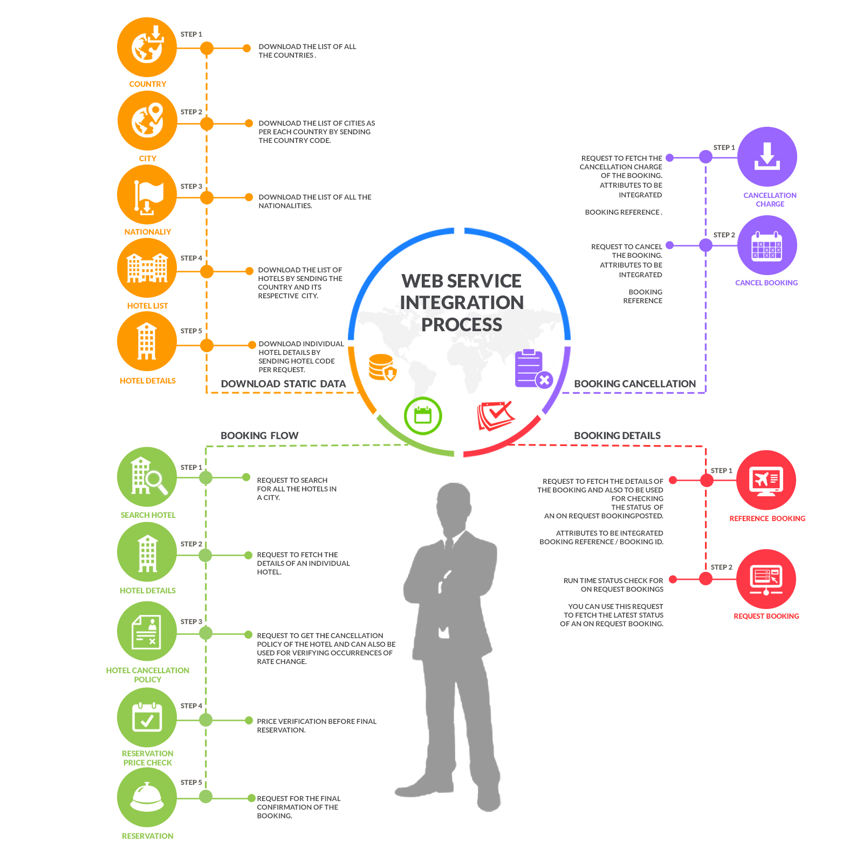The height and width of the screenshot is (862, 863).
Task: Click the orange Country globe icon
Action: click(147, 47)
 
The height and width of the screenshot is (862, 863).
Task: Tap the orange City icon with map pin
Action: click(147, 121)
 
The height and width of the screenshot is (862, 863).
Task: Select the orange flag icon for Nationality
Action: click(147, 195)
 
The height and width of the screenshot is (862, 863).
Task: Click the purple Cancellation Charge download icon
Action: click(767, 157)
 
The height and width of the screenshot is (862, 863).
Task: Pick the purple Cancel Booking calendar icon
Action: click(767, 245)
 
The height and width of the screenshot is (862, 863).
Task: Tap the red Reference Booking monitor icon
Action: click(766, 480)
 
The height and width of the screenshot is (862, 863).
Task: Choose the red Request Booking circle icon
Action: click(766, 579)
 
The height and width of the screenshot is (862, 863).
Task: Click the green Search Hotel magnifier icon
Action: click(147, 477)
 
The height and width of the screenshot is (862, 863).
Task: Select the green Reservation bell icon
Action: click(147, 797)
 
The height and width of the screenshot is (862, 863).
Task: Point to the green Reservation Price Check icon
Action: click(147, 718)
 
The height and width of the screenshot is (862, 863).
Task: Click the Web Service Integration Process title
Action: click(462, 303)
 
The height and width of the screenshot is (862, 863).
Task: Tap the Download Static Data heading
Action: click(283, 384)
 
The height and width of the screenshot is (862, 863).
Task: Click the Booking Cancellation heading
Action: click(635, 384)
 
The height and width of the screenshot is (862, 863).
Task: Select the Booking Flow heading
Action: click(259, 435)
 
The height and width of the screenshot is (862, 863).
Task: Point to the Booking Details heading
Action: click(617, 435)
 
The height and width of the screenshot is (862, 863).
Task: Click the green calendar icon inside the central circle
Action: click(423, 416)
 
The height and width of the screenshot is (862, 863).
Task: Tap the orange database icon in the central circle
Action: click(382, 367)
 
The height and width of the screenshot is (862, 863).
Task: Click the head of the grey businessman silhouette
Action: click(454, 504)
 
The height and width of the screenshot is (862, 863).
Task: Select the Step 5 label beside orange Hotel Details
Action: click(191, 331)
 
